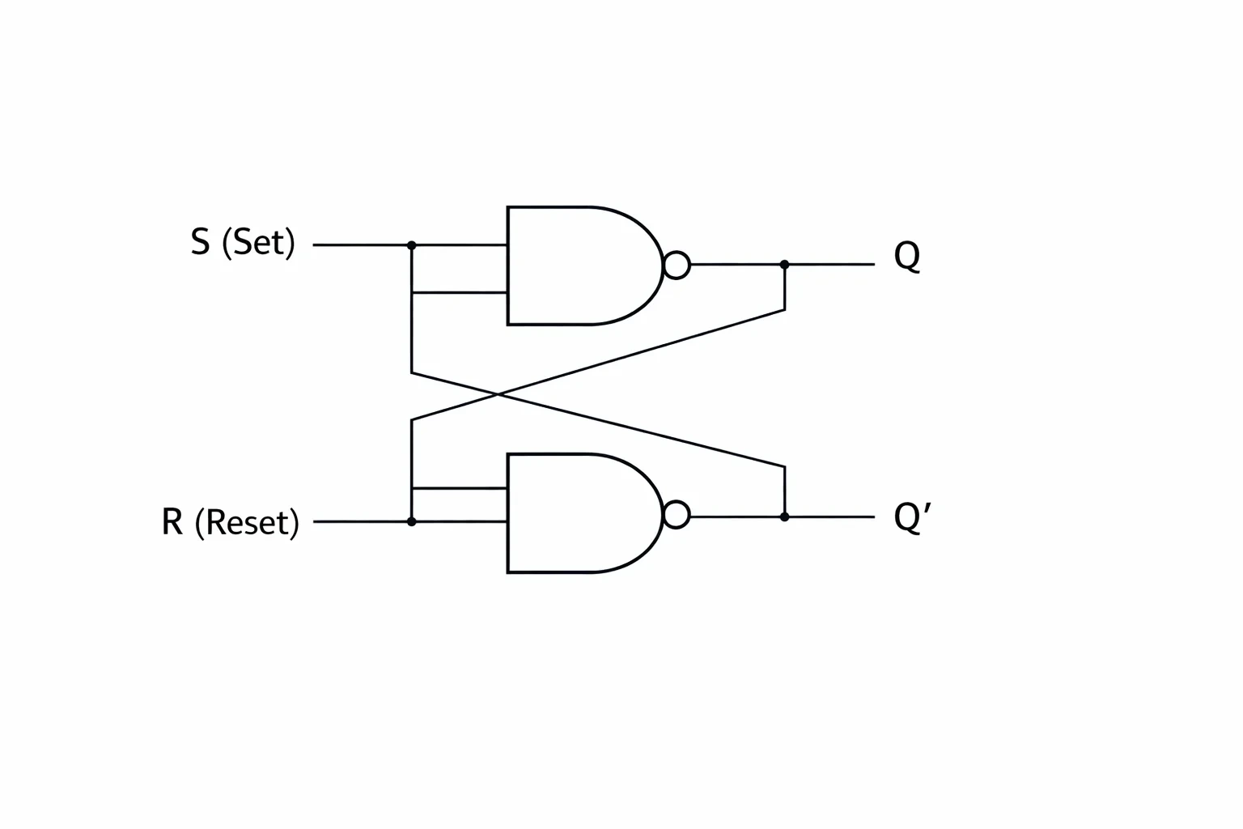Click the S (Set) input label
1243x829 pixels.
(243, 243)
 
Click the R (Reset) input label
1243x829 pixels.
(230, 522)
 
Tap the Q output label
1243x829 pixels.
(907, 257)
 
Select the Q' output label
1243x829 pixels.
(912, 518)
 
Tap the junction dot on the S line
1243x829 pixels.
(411, 244)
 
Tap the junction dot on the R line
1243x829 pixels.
(411, 522)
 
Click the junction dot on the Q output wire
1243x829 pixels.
(785, 265)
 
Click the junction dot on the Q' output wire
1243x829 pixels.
(785, 517)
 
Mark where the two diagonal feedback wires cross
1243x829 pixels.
(498, 394)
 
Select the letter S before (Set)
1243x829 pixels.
(201, 242)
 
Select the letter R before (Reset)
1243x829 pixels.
(172, 522)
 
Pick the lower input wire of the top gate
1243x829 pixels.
(460, 292)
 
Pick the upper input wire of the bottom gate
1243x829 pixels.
(460, 489)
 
